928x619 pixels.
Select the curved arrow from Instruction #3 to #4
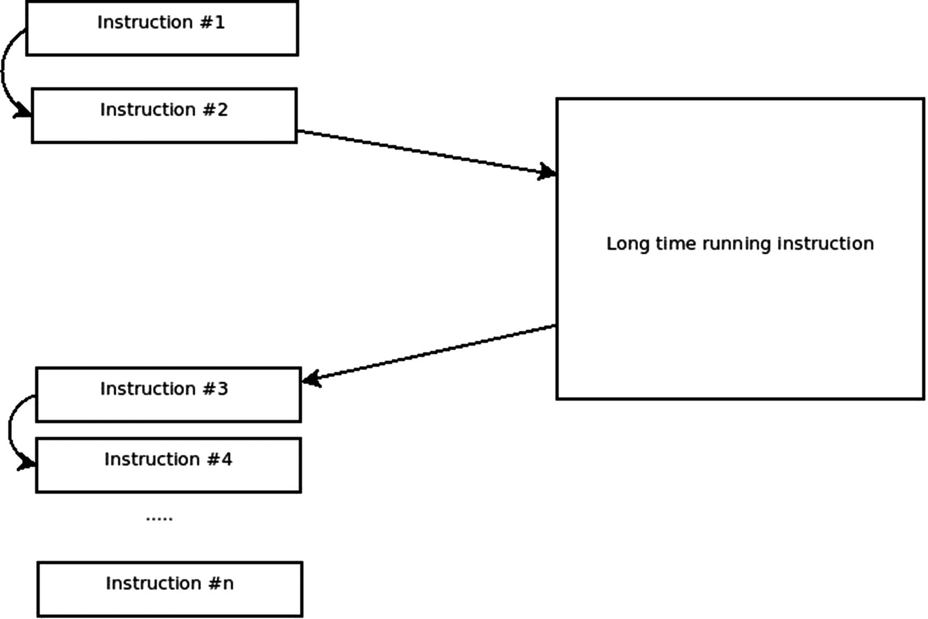pyautogui.click(x=10, y=430)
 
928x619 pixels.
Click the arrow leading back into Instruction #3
pyautogui.click(x=430, y=352)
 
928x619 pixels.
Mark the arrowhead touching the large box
pyautogui.click(x=548, y=172)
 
